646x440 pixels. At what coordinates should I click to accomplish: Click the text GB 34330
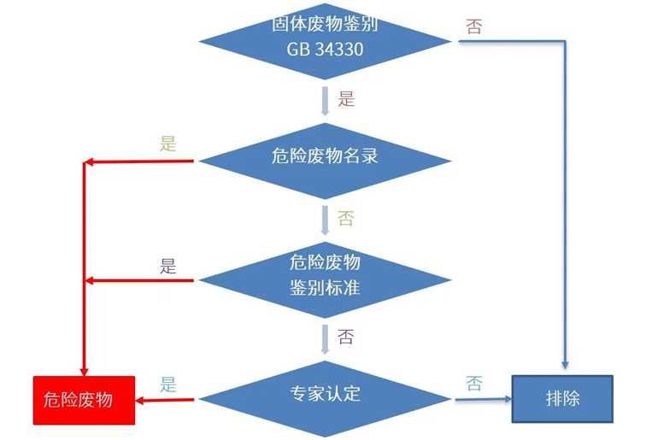325,49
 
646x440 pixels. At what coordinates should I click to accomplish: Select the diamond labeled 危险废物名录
325,157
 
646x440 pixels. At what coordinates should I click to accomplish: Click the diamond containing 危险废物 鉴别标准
325,275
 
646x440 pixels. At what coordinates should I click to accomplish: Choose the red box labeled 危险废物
84,400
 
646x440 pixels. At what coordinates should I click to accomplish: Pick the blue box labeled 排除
562,398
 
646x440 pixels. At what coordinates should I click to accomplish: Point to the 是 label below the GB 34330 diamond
346,99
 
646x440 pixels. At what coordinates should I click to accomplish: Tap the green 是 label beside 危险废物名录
167,144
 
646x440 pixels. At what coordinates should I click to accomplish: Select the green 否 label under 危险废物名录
345,220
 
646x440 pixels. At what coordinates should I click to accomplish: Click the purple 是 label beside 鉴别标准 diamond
167,266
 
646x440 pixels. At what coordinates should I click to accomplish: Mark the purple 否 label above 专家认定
345,337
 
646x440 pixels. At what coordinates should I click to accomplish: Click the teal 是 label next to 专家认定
167,384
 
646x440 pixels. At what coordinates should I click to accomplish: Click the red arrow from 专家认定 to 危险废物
167,400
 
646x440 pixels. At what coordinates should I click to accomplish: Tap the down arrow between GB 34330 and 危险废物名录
325,100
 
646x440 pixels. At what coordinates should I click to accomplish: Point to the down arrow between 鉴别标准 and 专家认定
325,337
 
